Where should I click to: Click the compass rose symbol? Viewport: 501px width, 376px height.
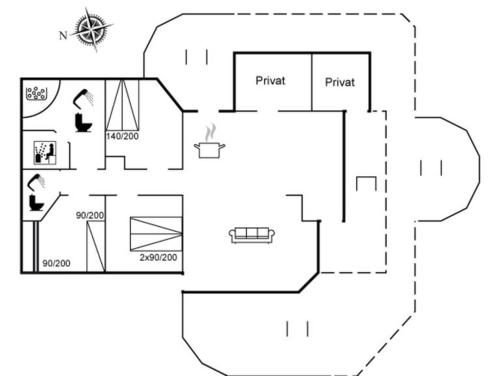(x=91, y=29)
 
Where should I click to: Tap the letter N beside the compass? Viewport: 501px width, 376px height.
(x=63, y=36)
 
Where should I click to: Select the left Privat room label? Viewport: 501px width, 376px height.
(x=271, y=81)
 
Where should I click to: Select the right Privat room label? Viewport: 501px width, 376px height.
(x=340, y=82)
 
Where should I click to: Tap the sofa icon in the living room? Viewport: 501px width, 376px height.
(x=252, y=234)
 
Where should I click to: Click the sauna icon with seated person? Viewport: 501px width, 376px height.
(x=44, y=151)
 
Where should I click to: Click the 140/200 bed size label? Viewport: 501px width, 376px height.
(x=122, y=136)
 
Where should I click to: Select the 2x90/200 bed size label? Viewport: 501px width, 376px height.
(x=159, y=257)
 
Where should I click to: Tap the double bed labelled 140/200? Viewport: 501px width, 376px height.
(x=122, y=104)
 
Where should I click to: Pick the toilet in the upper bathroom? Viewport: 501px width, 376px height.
(x=83, y=123)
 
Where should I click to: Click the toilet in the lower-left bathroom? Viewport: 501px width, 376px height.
(x=36, y=202)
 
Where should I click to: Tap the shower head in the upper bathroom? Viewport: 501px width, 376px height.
(x=83, y=98)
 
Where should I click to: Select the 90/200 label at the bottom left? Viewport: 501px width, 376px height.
(x=56, y=264)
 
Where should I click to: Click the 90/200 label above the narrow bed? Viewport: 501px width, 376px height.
(x=91, y=215)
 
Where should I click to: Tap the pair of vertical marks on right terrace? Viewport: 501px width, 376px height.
(x=431, y=168)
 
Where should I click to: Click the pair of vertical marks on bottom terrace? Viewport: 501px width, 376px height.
(x=297, y=328)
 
